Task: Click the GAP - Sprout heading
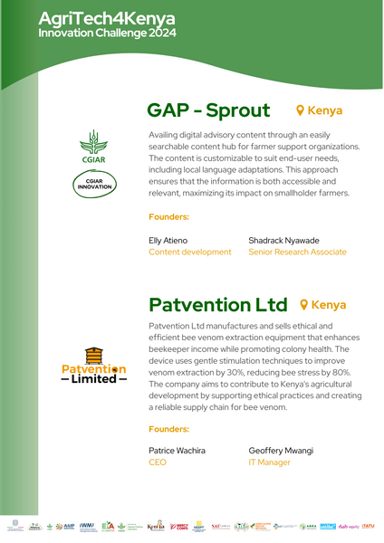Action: pos(208,110)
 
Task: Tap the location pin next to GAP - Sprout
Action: pos(302,110)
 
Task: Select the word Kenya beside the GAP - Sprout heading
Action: pos(325,110)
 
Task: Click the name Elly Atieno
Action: pos(168,240)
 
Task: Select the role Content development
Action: pos(190,252)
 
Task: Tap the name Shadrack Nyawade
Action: pos(283,240)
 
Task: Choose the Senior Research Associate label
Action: pos(297,252)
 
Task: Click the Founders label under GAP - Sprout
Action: pos(168,217)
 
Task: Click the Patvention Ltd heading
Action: pos(217,304)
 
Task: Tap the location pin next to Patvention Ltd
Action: pos(305,305)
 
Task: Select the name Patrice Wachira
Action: pos(177,450)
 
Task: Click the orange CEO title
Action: pos(158,462)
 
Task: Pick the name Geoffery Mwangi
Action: pos(281,450)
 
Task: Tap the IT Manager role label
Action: pos(269,462)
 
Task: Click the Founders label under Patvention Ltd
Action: pos(168,428)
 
